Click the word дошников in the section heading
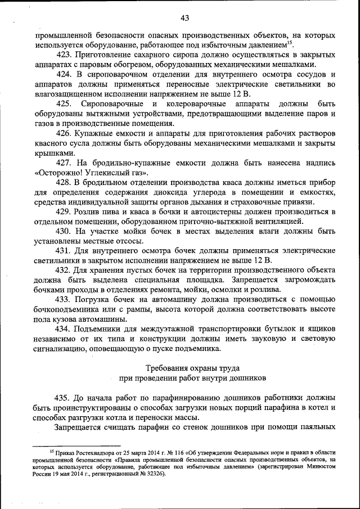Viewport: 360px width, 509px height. coord(244,377)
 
